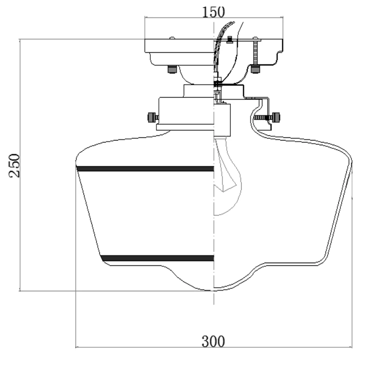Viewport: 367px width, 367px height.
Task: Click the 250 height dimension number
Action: tap(15, 165)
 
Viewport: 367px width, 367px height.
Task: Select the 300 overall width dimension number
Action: tap(213, 342)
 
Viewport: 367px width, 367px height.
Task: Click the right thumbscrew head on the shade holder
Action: tap(276, 117)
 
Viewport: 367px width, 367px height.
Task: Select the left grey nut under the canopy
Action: tap(171, 69)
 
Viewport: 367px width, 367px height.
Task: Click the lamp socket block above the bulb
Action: tap(222, 119)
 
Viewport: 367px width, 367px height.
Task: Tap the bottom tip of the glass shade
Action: tap(214, 290)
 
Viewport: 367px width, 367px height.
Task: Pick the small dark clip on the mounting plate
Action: tap(230, 39)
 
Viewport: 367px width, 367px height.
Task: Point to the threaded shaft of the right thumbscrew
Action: tap(262, 117)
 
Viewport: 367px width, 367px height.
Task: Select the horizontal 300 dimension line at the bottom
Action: tap(147, 347)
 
